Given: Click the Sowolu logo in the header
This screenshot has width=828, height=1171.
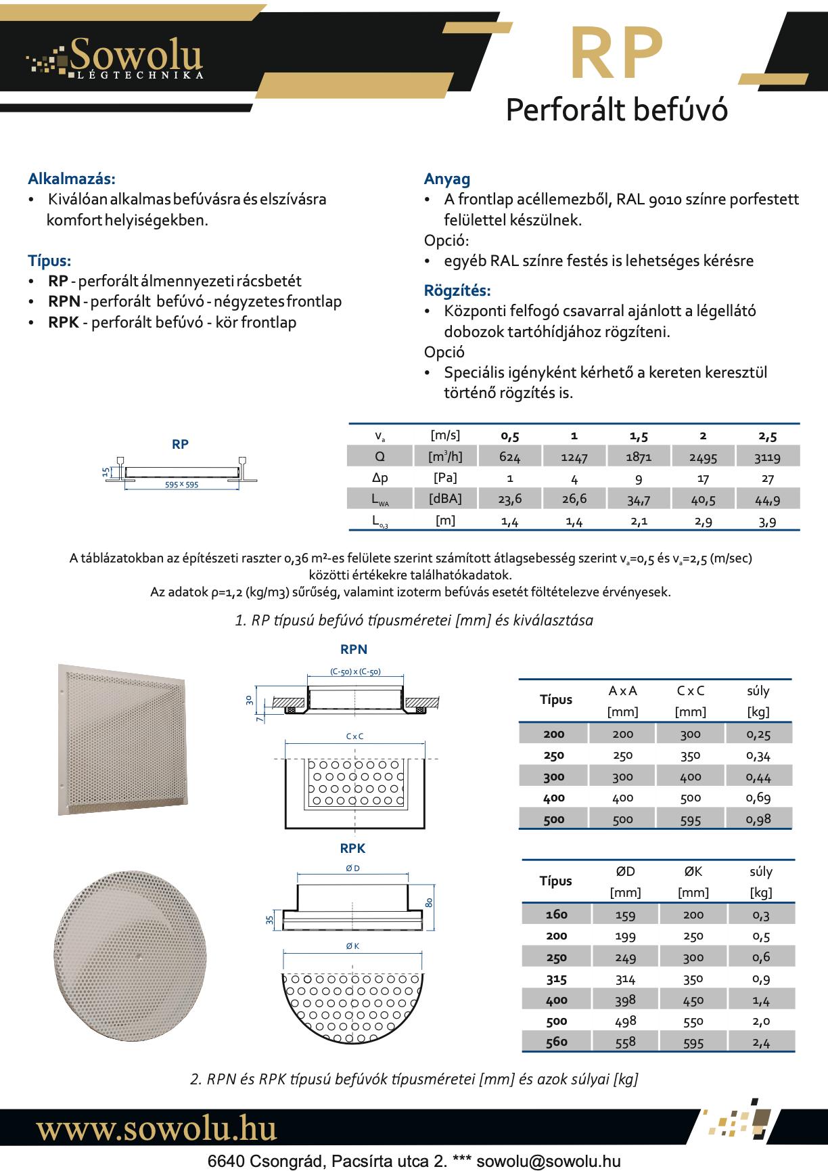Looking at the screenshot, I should (x=115, y=58).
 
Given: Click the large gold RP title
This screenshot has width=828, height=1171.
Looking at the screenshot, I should (x=616, y=54).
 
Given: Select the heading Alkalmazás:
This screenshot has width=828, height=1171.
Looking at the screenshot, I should (x=72, y=179).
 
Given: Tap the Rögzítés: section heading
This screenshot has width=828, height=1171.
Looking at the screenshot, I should (x=457, y=290).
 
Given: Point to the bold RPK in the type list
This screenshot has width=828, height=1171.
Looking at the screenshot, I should (x=64, y=322).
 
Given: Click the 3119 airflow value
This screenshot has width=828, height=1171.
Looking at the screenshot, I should (x=767, y=458).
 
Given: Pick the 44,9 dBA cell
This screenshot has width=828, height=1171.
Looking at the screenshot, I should (x=767, y=500).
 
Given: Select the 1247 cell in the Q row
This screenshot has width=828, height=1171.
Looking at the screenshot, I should (x=574, y=458).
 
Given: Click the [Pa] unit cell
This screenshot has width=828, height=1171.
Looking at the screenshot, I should (x=445, y=478).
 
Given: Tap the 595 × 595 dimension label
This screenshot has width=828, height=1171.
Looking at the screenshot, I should (x=181, y=485).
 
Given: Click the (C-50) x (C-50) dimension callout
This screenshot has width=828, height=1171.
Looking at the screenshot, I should (x=355, y=671).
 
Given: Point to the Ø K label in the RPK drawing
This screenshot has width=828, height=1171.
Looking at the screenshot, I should (x=352, y=946).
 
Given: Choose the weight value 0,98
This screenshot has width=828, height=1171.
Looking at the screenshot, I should (x=758, y=819).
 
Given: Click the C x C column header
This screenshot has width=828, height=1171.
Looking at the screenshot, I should (x=691, y=690).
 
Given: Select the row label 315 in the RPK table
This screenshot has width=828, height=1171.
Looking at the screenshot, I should (x=556, y=979).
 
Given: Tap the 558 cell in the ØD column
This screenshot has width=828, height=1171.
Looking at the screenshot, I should (x=625, y=1042).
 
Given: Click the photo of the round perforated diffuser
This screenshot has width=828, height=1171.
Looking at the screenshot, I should (x=130, y=955).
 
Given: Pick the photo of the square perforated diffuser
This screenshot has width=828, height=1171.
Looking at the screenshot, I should (x=123, y=739).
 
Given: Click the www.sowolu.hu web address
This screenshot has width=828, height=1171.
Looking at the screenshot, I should (x=156, y=1128).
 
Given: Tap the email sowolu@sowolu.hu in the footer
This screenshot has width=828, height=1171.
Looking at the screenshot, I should (x=549, y=1161).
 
